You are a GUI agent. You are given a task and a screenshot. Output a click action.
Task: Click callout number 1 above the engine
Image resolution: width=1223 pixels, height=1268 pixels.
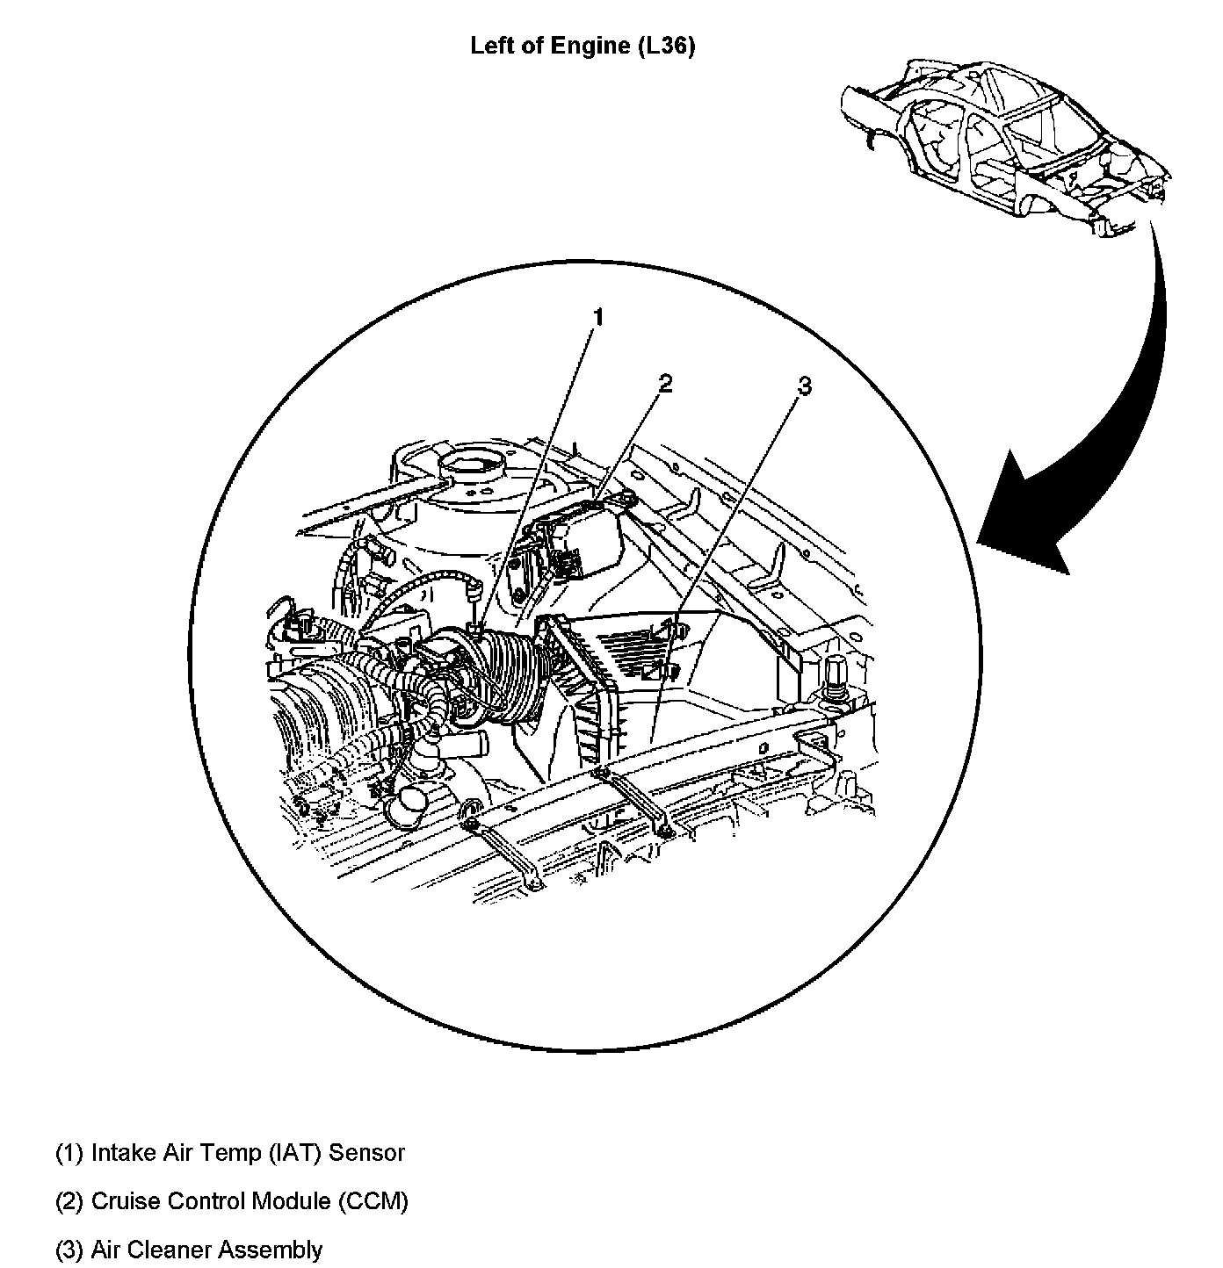(597, 317)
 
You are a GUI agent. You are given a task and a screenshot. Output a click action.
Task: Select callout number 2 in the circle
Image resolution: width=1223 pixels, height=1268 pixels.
(664, 383)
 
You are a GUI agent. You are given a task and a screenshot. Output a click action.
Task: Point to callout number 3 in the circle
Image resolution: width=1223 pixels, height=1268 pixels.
(805, 386)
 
